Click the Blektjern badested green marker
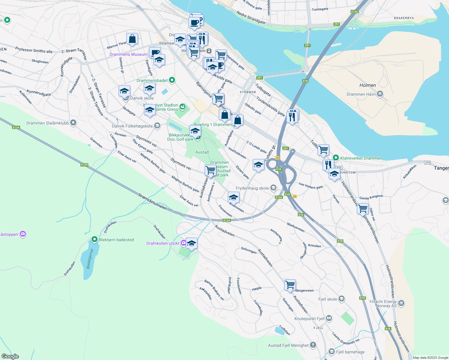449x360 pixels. click(95, 239)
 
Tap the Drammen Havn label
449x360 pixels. click(361, 94)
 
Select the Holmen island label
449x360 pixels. click(368, 85)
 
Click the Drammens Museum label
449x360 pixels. click(128, 54)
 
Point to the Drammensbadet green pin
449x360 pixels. click(172, 80)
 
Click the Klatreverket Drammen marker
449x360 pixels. click(336, 158)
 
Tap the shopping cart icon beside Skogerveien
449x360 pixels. click(290, 285)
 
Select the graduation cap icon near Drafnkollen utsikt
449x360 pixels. click(191, 243)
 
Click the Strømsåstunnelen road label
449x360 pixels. click(152, 201)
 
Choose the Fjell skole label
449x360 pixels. click(328, 299)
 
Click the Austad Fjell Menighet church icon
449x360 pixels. click(313, 345)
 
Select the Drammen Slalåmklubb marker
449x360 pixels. click(73, 123)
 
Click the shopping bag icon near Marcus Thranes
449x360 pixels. click(132, 39)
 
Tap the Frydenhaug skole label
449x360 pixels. click(252, 188)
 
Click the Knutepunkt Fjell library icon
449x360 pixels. click(329, 318)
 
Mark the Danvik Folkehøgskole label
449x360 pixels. click(132, 126)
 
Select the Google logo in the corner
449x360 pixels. click(10, 356)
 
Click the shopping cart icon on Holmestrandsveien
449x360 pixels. click(363, 208)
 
